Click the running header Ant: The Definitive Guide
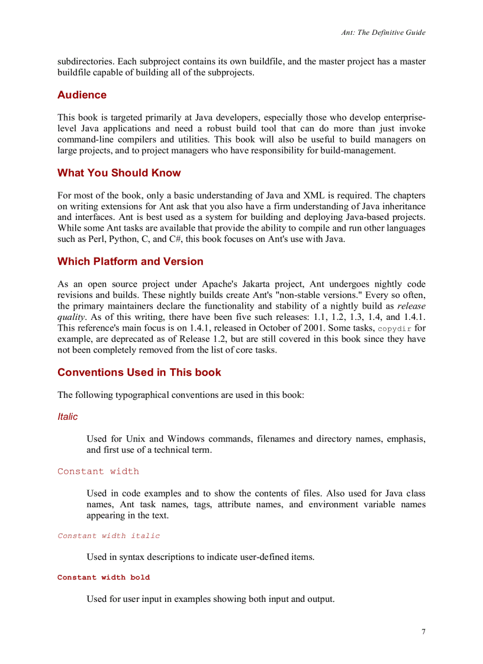point(383,33)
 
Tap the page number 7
point(423,631)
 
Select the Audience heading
point(82,95)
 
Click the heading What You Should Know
point(119,173)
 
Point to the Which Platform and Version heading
point(130,261)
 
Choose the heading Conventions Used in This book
point(139,373)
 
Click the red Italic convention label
point(67,417)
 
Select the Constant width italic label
point(108,536)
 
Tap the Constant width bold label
point(104,577)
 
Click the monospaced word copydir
point(394,329)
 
